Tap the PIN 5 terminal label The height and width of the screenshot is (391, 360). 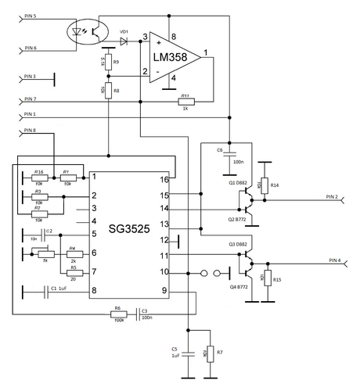(36, 16)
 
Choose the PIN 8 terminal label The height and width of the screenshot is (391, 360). (36, 130)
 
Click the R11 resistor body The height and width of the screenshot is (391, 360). (185, 101)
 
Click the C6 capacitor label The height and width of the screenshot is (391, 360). (220, 149)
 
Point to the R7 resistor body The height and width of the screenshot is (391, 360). (209, 353)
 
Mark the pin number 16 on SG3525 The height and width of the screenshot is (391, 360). (164, 180)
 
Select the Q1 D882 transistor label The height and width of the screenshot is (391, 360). (239, 182)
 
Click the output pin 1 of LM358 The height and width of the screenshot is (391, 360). (205, 54)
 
